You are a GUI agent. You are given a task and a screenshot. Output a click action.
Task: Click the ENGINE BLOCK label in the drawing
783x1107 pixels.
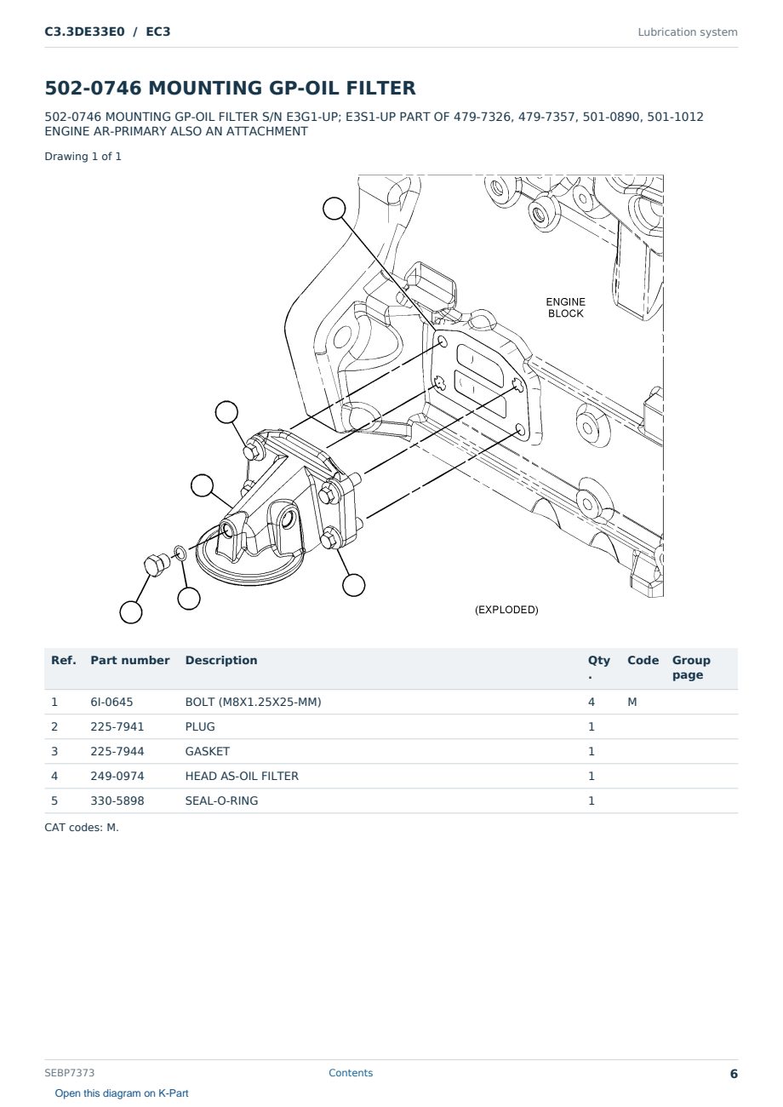(565, 307)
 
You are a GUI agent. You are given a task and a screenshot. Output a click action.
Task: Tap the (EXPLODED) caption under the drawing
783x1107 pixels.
(506, 610)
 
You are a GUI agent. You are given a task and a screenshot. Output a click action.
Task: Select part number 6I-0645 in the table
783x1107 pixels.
(111, 702)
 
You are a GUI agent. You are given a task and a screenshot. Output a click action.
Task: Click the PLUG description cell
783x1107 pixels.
(200, 726)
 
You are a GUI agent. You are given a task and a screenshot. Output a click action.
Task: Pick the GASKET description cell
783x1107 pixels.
(208, 751)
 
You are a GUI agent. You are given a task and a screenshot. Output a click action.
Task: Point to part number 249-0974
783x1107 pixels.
(117, 776)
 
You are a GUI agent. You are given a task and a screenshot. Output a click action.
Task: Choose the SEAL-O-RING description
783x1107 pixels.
(222, 800)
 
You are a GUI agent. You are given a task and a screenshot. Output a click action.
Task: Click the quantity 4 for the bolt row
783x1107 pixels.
(592, 702)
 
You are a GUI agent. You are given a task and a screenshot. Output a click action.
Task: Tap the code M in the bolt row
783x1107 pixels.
(632, 702)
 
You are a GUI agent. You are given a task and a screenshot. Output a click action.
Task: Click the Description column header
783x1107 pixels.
(221, 660)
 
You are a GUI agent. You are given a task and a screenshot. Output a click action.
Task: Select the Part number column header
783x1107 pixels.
(130, 660)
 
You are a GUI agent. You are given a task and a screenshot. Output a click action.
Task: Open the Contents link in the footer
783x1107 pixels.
(351, 1073)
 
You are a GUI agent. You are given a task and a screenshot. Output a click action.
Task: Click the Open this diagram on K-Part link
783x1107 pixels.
(122, 1093)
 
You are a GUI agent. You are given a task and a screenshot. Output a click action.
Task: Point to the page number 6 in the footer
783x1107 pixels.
(734, 1074)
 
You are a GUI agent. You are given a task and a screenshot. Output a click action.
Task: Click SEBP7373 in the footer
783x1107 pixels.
(69, 1073)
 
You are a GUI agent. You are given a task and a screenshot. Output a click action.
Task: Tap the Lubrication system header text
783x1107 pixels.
(688, 32)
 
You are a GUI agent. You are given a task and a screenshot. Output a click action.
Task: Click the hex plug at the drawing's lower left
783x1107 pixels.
(156, 565)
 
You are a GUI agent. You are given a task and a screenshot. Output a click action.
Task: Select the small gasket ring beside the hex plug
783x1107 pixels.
(180, 553)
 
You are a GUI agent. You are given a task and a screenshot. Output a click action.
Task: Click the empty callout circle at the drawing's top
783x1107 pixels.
(334, 209)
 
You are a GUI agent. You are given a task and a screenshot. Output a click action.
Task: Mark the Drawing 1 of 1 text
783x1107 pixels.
(83, 157)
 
